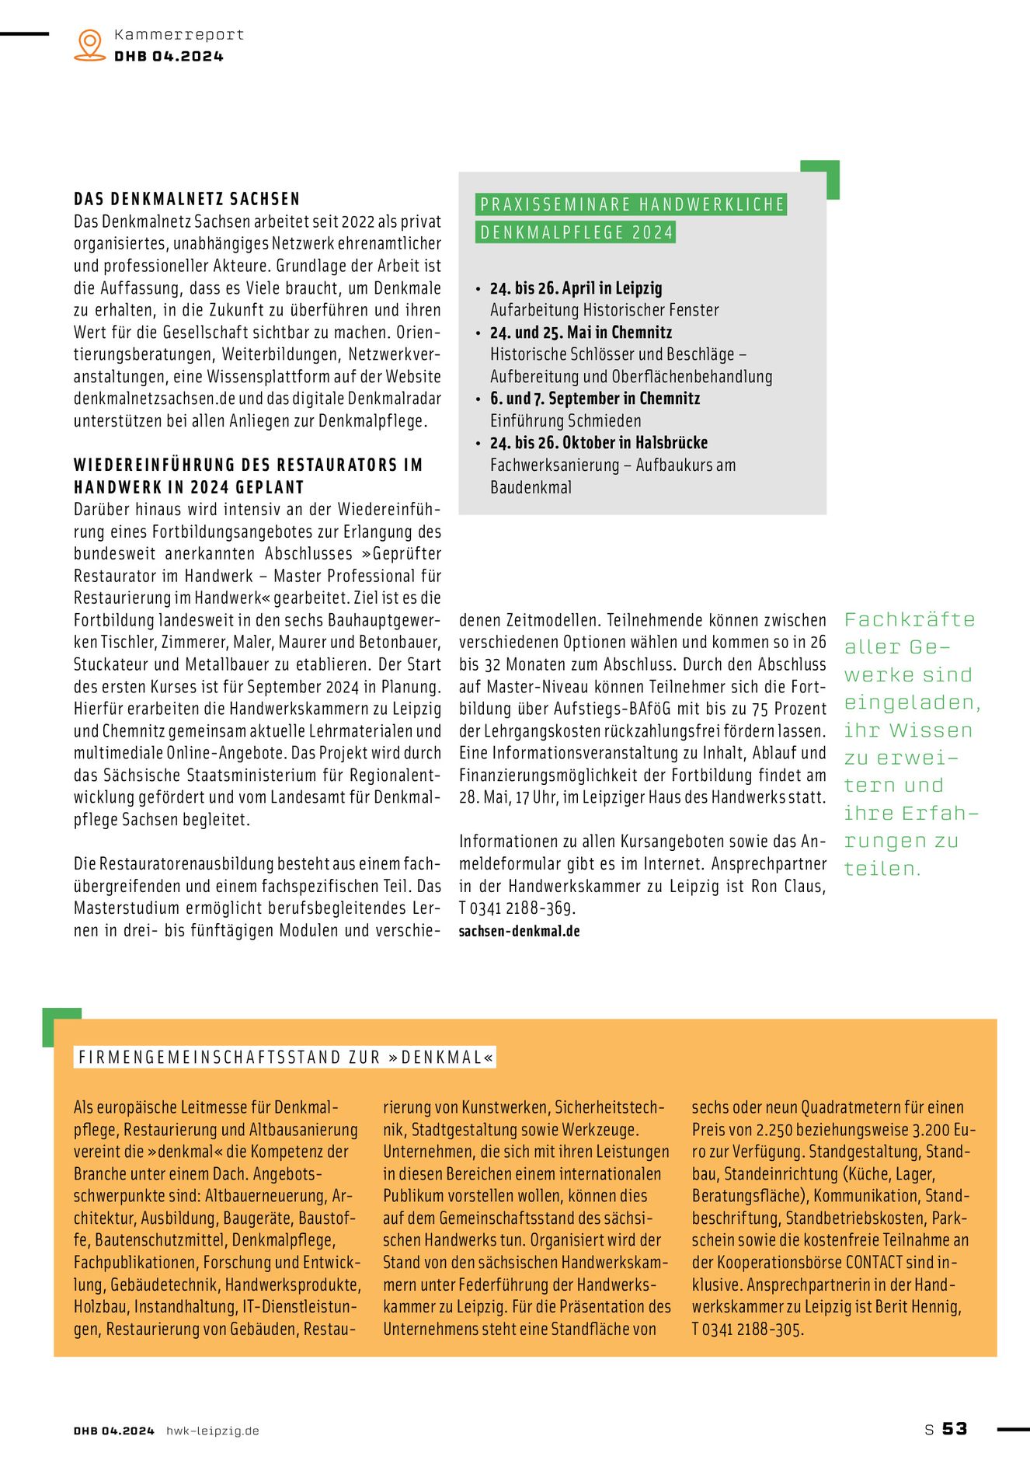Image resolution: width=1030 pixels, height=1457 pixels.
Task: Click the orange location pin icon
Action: point(90,44)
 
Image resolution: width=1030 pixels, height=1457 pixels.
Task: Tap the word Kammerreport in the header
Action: point(179,35)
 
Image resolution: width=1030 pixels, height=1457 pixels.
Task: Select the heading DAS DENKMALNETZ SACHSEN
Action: point(186,199)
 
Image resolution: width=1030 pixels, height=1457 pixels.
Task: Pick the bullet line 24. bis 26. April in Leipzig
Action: point(576,288)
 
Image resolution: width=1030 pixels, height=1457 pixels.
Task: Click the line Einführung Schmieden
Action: point(565,421)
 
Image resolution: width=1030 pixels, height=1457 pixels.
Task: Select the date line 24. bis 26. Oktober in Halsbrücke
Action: point(598,443)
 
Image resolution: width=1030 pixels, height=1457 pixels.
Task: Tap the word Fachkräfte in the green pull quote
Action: point(910,620)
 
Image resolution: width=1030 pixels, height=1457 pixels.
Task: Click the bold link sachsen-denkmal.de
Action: point(519,931)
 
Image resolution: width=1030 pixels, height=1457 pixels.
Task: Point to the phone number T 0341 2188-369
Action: point(517,908)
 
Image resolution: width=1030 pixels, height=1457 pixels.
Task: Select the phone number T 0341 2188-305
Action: point(747,1330)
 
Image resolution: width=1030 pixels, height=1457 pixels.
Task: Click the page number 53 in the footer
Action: point(955,1429)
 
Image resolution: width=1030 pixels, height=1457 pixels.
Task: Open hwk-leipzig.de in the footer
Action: point(212,1431)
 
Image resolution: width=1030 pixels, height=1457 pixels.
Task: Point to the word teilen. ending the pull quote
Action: point(882,869)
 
